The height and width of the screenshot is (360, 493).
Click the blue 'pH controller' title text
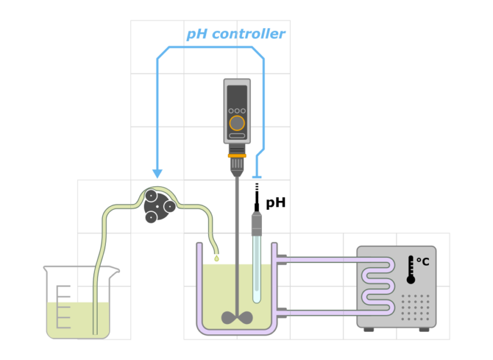coord(236,34)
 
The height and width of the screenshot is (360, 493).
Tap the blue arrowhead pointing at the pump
coord(157,173)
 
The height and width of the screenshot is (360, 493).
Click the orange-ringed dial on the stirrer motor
coord(237,123)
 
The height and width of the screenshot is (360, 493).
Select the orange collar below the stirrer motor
coord(237,156)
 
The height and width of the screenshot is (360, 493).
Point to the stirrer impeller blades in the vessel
coord(237,318)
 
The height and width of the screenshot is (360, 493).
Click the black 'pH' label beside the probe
coord(276,203)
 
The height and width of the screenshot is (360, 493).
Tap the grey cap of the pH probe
coord(257,223)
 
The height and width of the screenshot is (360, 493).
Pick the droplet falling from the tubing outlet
coord(216,259)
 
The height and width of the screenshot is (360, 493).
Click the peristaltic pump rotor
coord(157,206)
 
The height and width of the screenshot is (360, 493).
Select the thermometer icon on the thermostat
coord(411,270)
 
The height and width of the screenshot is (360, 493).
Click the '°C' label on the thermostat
coord(423,262)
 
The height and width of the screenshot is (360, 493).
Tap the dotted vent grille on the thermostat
coord(415,307)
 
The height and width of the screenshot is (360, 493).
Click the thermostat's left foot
coord(369,329)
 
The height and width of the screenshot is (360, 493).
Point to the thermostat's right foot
coord(424,329)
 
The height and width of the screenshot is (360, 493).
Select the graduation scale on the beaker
coord(63,307)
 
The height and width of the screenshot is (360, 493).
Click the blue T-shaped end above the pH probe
coord(257,177)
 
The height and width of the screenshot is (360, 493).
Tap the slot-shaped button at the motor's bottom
coord(237,136)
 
